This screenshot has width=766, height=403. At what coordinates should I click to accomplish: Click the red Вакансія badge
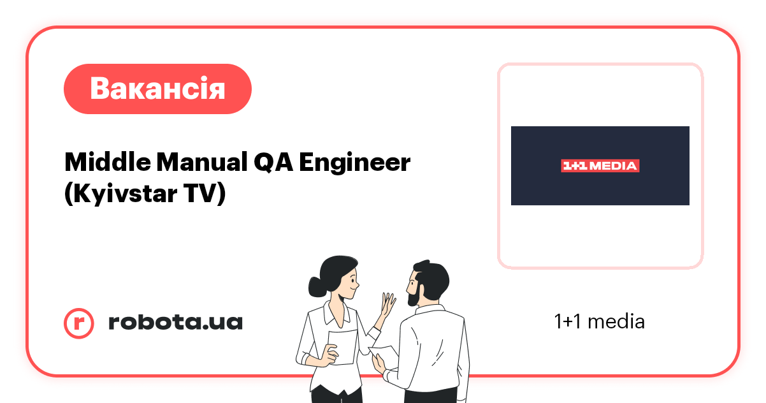click(157, 89)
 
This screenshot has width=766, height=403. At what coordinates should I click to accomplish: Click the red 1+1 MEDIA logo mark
click(599, 166)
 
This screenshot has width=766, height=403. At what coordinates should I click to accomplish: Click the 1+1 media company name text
click(599, 321)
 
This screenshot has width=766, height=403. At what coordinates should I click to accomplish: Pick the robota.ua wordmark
click(175, 322)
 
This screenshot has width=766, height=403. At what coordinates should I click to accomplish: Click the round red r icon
click(79, 323)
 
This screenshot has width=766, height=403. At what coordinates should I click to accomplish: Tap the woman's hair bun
click(314, 283)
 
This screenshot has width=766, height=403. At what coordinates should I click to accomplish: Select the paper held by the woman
click(342, 348)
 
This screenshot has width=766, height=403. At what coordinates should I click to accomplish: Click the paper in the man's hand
click(384, 353)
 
